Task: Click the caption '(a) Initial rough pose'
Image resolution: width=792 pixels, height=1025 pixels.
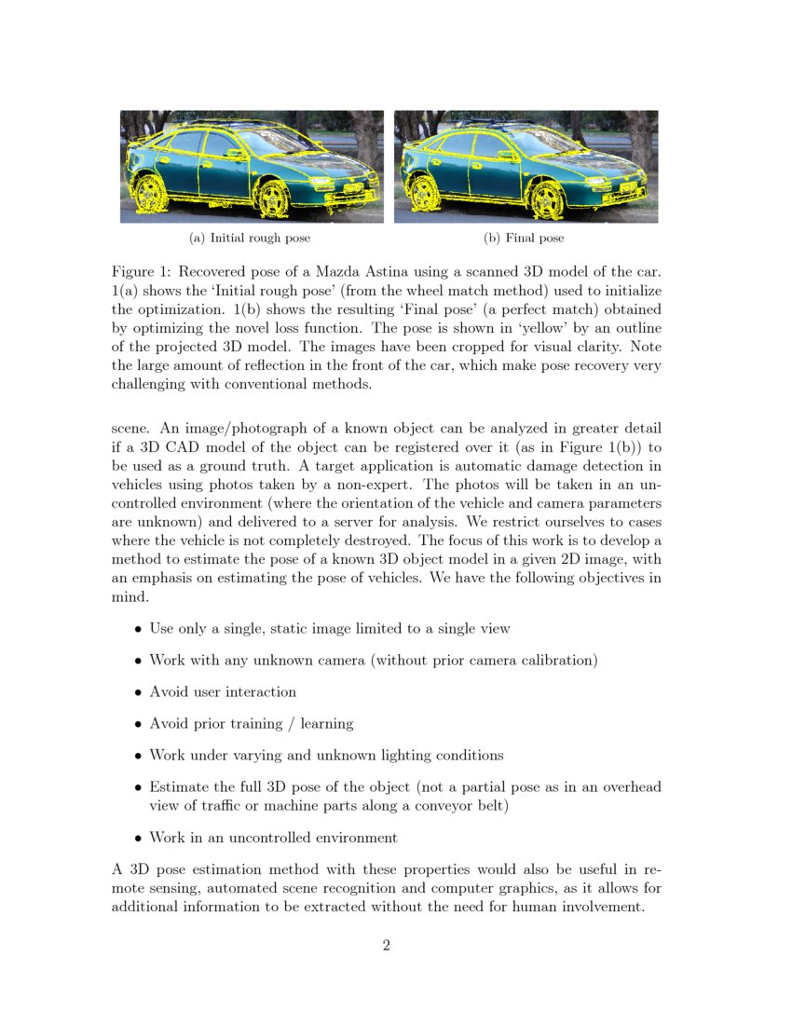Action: point(250,239)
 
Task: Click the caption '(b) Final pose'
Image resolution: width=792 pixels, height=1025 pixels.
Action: point(524,239)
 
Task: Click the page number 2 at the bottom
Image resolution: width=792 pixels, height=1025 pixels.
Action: point(386,946)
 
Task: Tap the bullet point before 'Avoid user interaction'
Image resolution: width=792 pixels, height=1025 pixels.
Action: point(138,692)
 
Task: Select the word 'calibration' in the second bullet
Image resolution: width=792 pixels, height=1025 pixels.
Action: point(556,661)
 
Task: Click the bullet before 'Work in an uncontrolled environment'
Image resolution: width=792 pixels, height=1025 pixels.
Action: point(138,838)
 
